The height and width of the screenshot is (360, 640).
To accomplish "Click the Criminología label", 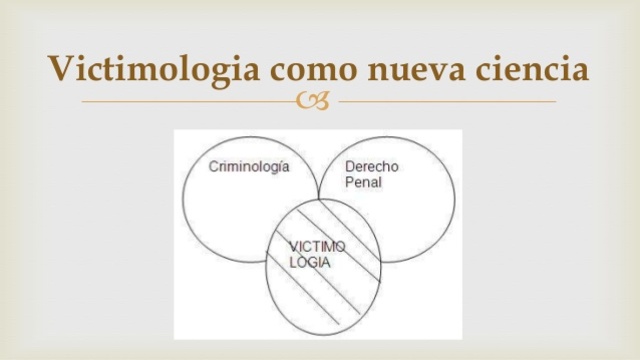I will click(249, 167).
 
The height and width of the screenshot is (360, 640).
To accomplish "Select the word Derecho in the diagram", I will click(371, 167).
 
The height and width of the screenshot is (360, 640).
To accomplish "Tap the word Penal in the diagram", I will click(363, 184).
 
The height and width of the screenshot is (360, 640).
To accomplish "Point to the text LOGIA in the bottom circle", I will click(310, 262).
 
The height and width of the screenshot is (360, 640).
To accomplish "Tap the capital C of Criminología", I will click(213, 167).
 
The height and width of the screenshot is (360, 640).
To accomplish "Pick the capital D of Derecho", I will click(349, 167).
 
